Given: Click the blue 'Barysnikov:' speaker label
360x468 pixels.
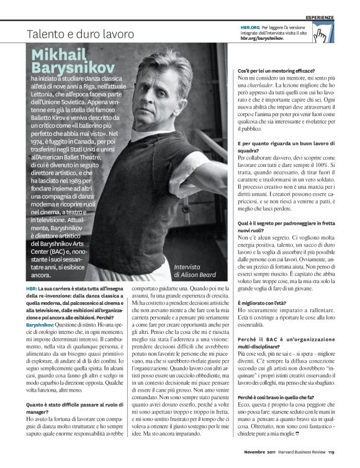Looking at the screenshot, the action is tap(39, 325).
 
